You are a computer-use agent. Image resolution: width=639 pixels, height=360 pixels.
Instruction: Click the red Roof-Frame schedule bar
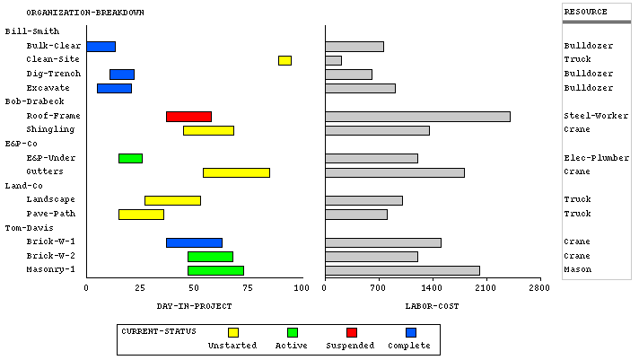pyautogui.click(x=188, y=117)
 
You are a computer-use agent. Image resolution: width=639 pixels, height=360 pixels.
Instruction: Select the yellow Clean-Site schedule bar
pyautogui.click(x=284, y=60)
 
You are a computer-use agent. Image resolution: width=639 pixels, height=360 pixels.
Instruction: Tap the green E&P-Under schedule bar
pyautogui.click(x=130, y=158)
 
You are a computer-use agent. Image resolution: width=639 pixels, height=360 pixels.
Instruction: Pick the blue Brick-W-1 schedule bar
pyautogui.click(x=194, y=242)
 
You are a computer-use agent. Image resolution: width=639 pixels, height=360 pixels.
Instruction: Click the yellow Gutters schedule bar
pyautogui.click(x=236, y=172)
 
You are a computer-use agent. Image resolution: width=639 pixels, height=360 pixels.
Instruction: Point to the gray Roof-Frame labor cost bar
pyautogui.click(x=417, y=117)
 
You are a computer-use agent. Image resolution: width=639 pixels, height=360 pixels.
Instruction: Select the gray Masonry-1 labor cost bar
pyautogui.click(x=402, y=270)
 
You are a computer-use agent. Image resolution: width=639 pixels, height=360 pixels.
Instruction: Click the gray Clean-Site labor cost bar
pyautogui.click(x=333, y=60)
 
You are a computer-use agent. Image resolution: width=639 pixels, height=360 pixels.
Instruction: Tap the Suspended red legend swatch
pyautogui.click(x=352, y=333)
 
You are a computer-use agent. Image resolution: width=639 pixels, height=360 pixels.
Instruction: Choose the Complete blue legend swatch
pyautogui.click(x=411, y=333)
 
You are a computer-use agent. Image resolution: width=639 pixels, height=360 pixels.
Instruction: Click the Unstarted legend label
pyautogui.click(x=232, y=346)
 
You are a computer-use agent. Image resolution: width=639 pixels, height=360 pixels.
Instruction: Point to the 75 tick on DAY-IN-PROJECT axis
pyautogui.click(x=247, y=287)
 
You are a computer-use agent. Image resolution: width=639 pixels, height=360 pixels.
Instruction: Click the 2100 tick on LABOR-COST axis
pyautogui.click(x=486, y=287)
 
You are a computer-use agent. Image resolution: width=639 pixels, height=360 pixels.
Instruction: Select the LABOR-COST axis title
pyautogui.click(x=432, y=306)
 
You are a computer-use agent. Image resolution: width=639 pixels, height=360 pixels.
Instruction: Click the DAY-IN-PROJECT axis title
pyautogui.click(x=194, y=306)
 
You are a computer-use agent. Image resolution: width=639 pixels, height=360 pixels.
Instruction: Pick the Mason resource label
pyautogui.click(x=577, y=269)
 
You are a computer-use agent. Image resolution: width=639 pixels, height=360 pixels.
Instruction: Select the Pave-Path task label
pyautogui.click(x=50, y=214)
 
